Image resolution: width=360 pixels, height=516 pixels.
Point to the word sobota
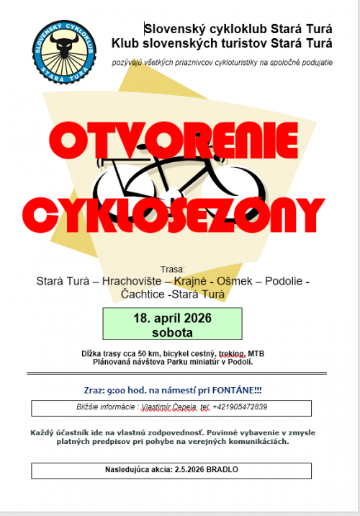[x=172, y=332]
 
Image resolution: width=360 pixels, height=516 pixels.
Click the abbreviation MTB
[x=256, y=354]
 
